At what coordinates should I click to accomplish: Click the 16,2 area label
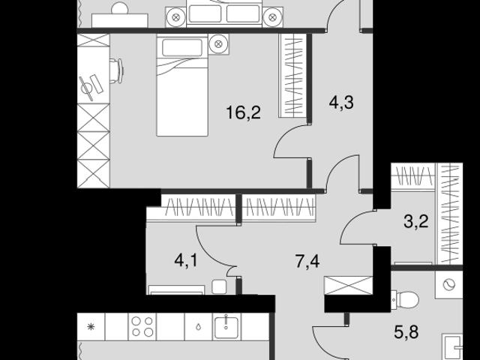pyautogui.click(x=243, y=112)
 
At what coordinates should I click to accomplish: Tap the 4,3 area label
pyautogui.click(x=341, y=102)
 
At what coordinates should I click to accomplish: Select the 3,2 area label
pyautogui.click(x=416, y=221)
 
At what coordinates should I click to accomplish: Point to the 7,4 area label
pyautogui.click(x=307, y=262)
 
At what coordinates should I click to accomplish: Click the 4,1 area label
pyautogui.click(x=186, y=261)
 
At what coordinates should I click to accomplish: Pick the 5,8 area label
pyautogui.click(x=406, y=331)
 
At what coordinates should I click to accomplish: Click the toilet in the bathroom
pyautogui.click(x=405, y=299)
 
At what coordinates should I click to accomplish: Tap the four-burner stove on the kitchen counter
pyautogui.click(x=142, y=327)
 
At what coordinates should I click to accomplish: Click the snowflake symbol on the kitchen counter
pyautogui.click(x=91, y=327)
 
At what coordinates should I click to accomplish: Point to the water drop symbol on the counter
pyautogui.click(x=199, y=327)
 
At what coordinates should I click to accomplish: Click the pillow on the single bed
pyautogui.click(x=182, y=47)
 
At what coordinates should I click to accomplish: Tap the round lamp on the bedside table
pyautogui.click(x=218, y=44)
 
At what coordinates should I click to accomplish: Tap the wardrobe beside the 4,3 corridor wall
pyautogui.click(x=293, y=75)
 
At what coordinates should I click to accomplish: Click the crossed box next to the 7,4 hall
pyautogui.click(x=348, y=285)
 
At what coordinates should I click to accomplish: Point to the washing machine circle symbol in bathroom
pyautogui.click(x=449, y=285)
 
